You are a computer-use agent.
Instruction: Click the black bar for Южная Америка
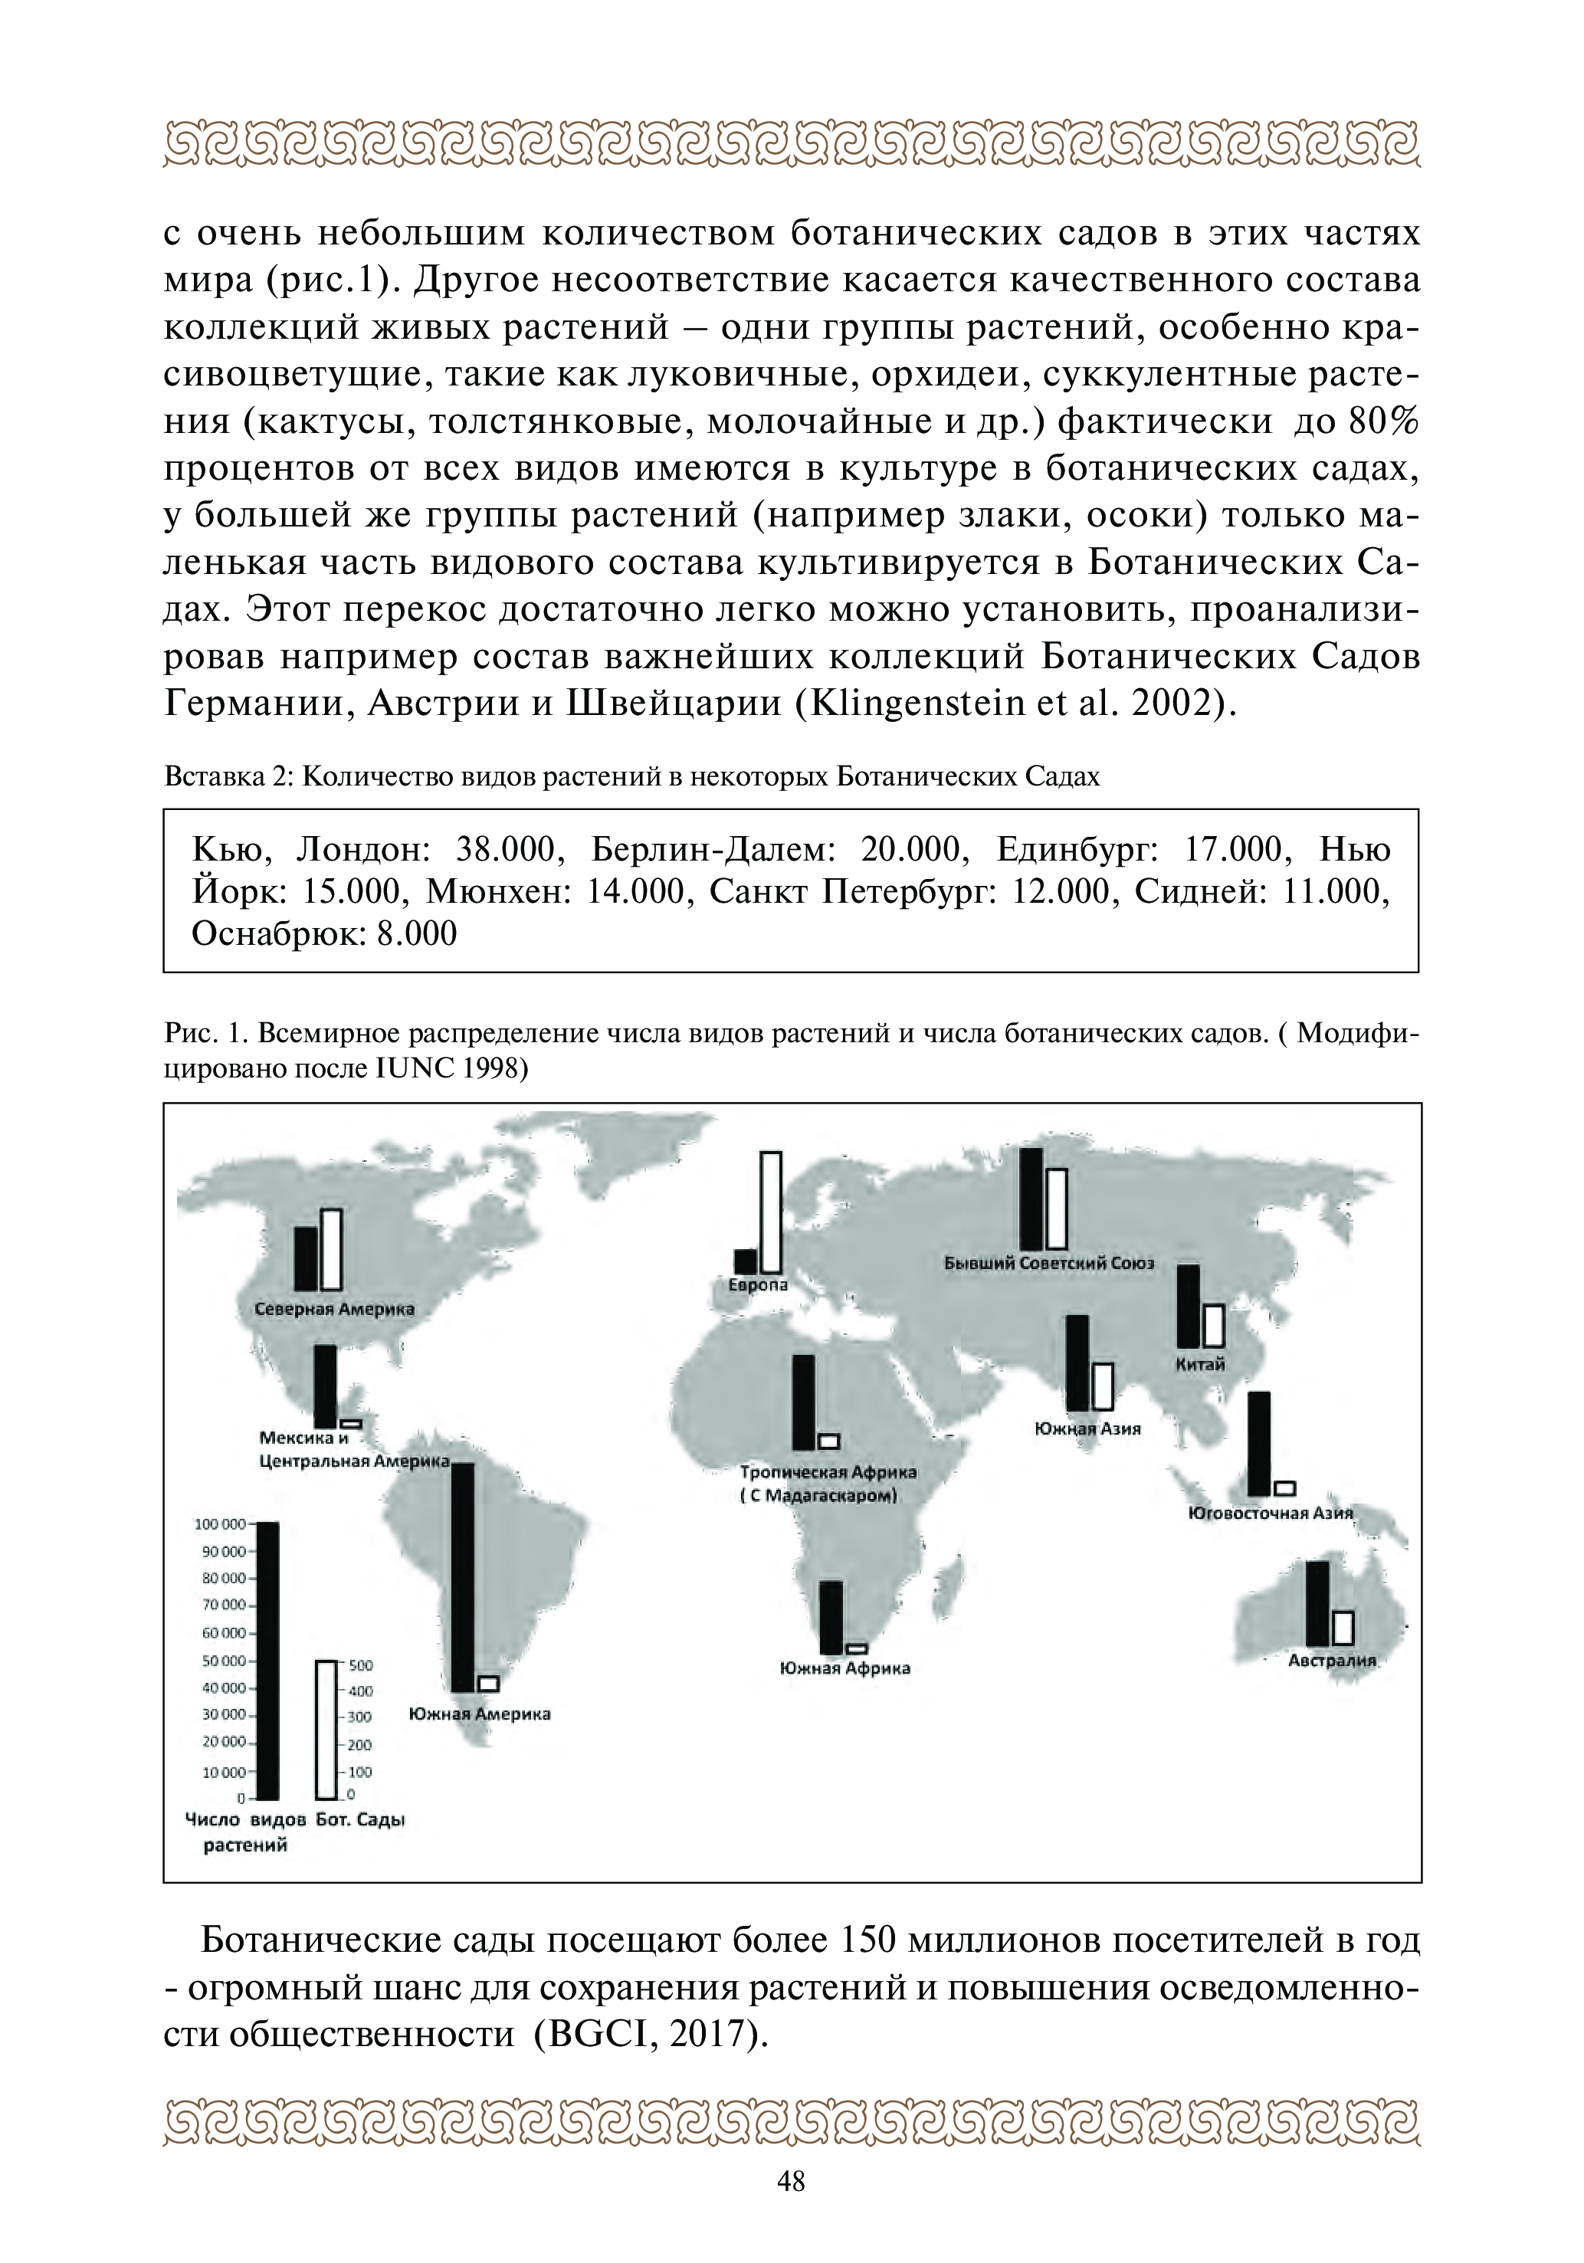[x=462, y=1577]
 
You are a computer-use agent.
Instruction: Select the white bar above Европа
[x=770, y=1212]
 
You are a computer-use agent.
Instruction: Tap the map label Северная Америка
[x=334, y=1310]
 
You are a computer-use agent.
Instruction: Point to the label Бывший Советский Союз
[x=1049, y=1264]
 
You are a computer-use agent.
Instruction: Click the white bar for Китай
[x=1213, y=1326]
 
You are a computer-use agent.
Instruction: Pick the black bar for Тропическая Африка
[x=803, y=1402]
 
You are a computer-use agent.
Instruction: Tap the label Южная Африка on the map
[x=844, y=1668]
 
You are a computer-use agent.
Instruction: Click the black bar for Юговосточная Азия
[x=1259, y=1444]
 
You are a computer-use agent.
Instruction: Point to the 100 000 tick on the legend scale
[x=221, y=1523]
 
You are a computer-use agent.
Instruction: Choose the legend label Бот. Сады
[x=361, y=1819]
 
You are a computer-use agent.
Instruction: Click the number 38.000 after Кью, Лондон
[x=509, y=848]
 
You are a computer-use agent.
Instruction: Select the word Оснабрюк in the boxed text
[x=275, y=933]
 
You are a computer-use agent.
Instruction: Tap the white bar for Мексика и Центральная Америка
[x=351, y=1423]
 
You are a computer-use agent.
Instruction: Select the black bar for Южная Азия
[x=1077, y=1363]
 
